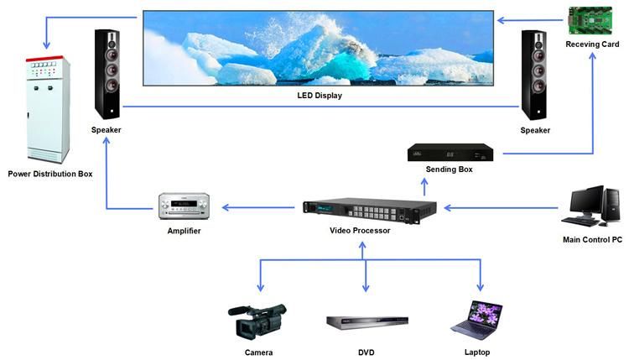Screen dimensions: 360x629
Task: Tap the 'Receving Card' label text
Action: pos(592,44)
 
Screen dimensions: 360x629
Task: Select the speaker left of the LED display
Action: pos(107,74)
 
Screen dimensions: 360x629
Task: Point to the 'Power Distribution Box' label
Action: pos(50,174)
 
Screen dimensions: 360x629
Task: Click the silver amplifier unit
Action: pos(184,206)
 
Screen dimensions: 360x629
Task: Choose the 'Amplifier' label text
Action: pos(184,230)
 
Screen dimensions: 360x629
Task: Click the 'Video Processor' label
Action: pos(360,230)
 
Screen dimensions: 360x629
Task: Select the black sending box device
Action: pos(450,153)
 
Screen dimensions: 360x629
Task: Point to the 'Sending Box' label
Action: pos(450,170)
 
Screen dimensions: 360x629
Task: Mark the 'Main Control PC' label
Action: pos(592,240)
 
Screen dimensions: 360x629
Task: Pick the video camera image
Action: pos(257,320)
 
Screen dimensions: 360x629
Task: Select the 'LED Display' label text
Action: pos(320,96)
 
